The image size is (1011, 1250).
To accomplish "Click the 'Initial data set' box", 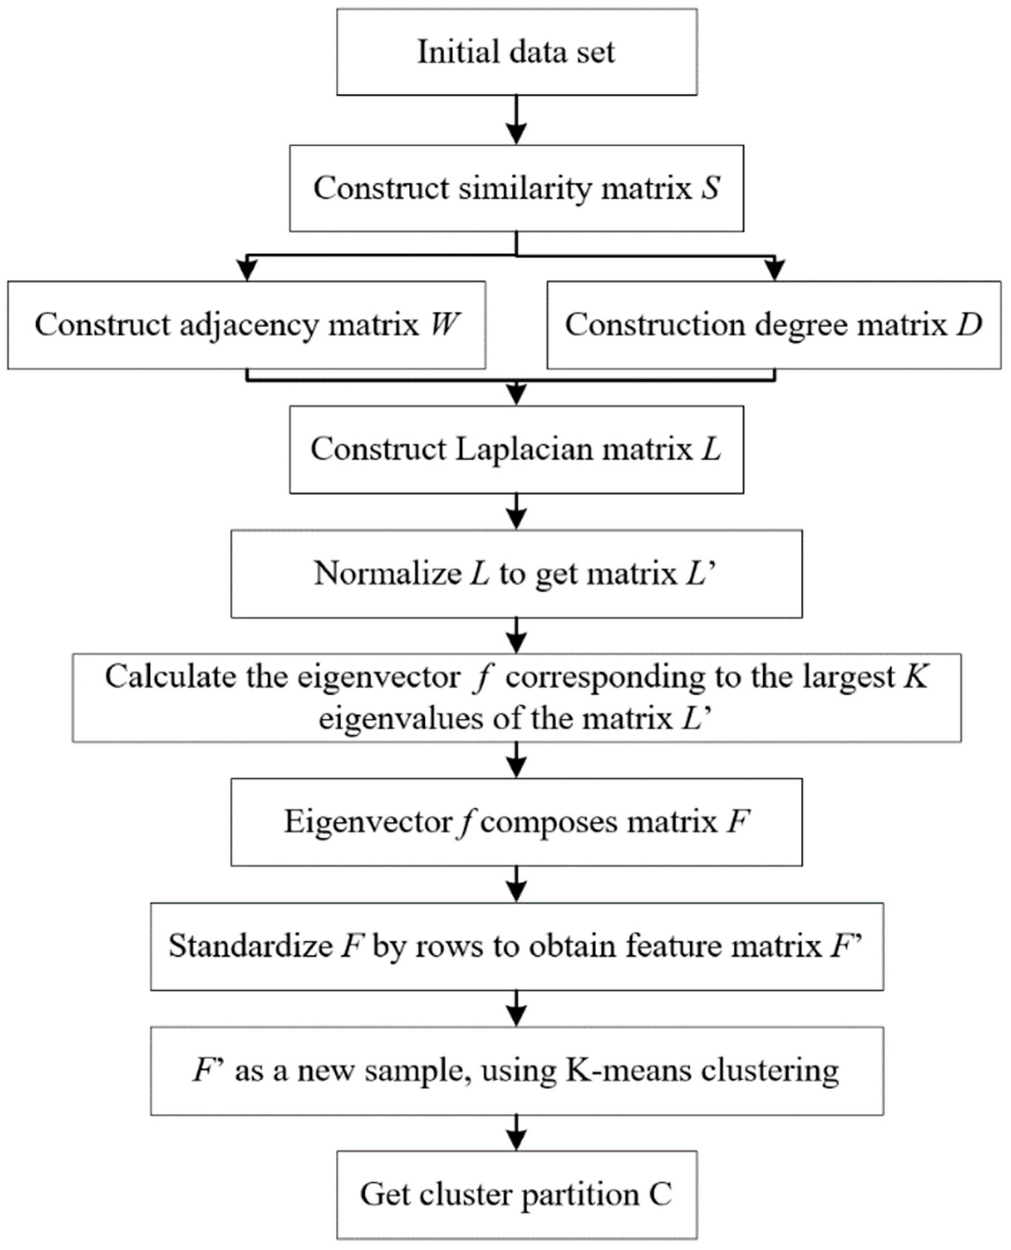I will click(x=517, y=52).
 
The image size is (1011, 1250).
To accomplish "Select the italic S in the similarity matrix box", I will click(x=711, y=188).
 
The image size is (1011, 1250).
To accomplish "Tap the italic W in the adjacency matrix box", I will click(x=445, y=324).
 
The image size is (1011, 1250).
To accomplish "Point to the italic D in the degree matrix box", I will click(x=969, y=324).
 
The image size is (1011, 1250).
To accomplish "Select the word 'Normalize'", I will click(x=388, y=573).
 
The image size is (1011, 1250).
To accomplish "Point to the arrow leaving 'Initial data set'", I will click(x=517, y=121).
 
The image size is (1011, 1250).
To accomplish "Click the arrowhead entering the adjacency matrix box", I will click(x=248, y=270).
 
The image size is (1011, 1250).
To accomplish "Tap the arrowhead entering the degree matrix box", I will click(x=774, y=270).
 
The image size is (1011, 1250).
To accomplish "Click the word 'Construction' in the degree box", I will click(x=655, y=324).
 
